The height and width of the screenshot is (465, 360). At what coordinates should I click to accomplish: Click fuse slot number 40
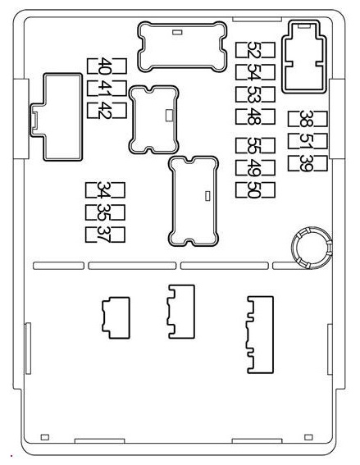tap(107, 66)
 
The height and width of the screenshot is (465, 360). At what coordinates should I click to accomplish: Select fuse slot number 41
tap(107, 88)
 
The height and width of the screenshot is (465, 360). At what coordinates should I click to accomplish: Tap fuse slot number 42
tap(107, 111)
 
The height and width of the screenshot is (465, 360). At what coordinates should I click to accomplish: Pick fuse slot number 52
tap(255, 50)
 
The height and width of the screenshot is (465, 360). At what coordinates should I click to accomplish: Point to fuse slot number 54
tap(255, 72)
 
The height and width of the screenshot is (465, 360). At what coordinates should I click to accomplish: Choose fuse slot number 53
tap(255, 94)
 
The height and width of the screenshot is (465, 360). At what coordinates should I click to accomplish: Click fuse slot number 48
tap(255, 116)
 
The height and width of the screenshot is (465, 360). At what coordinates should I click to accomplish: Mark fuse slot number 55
tap(255, 146)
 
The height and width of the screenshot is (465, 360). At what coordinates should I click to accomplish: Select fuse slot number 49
tap(255, 167)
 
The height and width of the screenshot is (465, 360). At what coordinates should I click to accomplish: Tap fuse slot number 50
tap(255, 189)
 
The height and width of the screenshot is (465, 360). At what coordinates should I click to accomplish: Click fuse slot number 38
tap(308, 119)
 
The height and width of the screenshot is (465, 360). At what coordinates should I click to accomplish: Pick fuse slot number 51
tap(308, 141)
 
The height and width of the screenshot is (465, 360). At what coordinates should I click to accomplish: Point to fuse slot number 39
tap(308, 163)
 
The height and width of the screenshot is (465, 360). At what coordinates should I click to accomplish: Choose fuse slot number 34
tap(105, 190)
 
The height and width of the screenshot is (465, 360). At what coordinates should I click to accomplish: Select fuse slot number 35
tap(105, 212)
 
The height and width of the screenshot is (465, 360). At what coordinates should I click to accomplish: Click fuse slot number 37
tap(105, 235)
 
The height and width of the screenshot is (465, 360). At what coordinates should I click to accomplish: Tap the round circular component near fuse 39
tap(312, 228)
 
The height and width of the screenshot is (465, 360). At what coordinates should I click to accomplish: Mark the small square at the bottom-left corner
tap(45, 437)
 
